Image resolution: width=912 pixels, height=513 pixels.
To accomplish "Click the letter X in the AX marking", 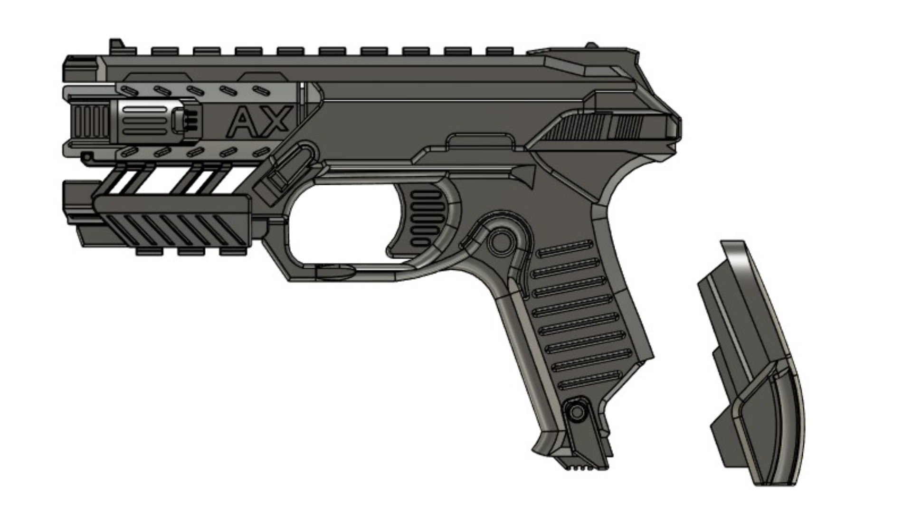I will [275, 121].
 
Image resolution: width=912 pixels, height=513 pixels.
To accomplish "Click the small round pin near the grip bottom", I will [575, 409].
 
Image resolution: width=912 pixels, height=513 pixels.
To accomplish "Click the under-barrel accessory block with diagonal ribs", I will [171, 223].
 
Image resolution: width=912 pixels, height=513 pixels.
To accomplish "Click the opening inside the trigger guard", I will [342, 228].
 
